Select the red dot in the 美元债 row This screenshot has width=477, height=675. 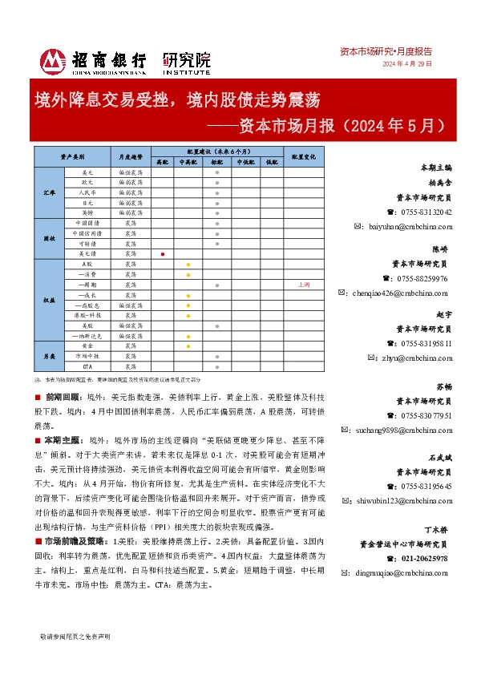(x=163, y=253)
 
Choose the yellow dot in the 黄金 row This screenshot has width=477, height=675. (x=188, y=346)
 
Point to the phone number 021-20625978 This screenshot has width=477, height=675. (x=424, y=558)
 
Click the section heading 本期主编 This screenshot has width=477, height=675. (x=436, y=168)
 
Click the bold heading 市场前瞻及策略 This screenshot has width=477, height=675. (x=75, y=563)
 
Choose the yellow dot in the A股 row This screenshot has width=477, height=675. (x=188, y=264)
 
